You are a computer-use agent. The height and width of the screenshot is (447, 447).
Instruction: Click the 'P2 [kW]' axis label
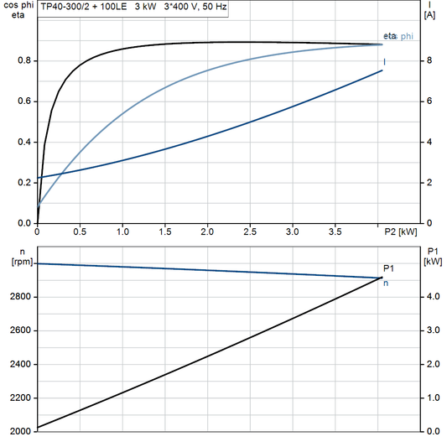[401, 231]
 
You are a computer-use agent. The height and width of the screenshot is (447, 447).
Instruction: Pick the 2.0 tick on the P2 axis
[207, 231]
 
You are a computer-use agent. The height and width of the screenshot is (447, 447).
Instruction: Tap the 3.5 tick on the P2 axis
[335, 231]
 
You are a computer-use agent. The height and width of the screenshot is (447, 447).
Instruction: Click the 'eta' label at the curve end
[389, 36]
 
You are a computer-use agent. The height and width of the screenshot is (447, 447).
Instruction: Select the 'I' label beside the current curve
[385, 61]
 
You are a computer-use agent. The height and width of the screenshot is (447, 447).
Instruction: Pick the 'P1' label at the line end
[387, 268]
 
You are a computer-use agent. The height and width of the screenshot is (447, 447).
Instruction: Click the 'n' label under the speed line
[386, 283]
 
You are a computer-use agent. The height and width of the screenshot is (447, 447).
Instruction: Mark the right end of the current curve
[382, 70]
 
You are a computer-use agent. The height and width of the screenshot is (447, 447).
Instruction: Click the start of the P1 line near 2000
[39, 428]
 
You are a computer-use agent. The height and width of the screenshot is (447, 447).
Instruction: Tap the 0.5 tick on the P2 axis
[80, 231]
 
